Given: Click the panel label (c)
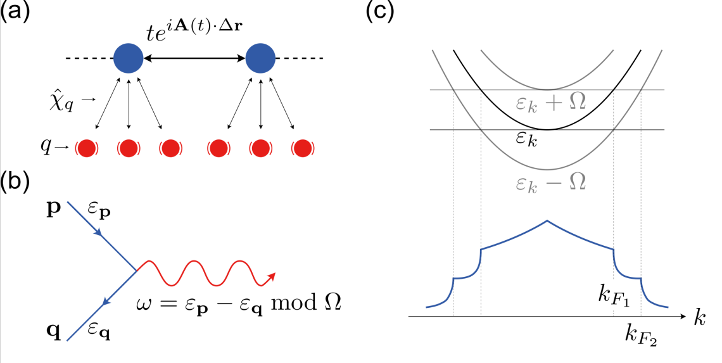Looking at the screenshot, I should (381, 13).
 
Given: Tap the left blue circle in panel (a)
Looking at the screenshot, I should (128, 59).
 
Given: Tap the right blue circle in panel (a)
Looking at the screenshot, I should (260, 59).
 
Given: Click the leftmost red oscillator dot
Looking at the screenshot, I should (88, 148).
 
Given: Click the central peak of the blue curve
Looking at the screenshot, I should (547, 221).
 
